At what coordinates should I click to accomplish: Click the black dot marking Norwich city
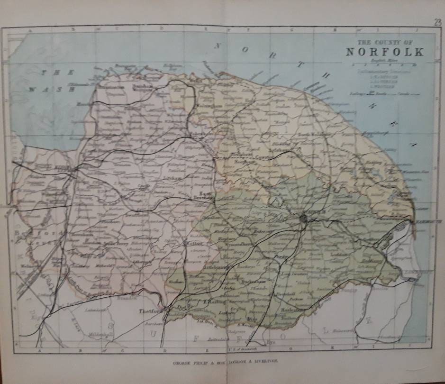point(303,219)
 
